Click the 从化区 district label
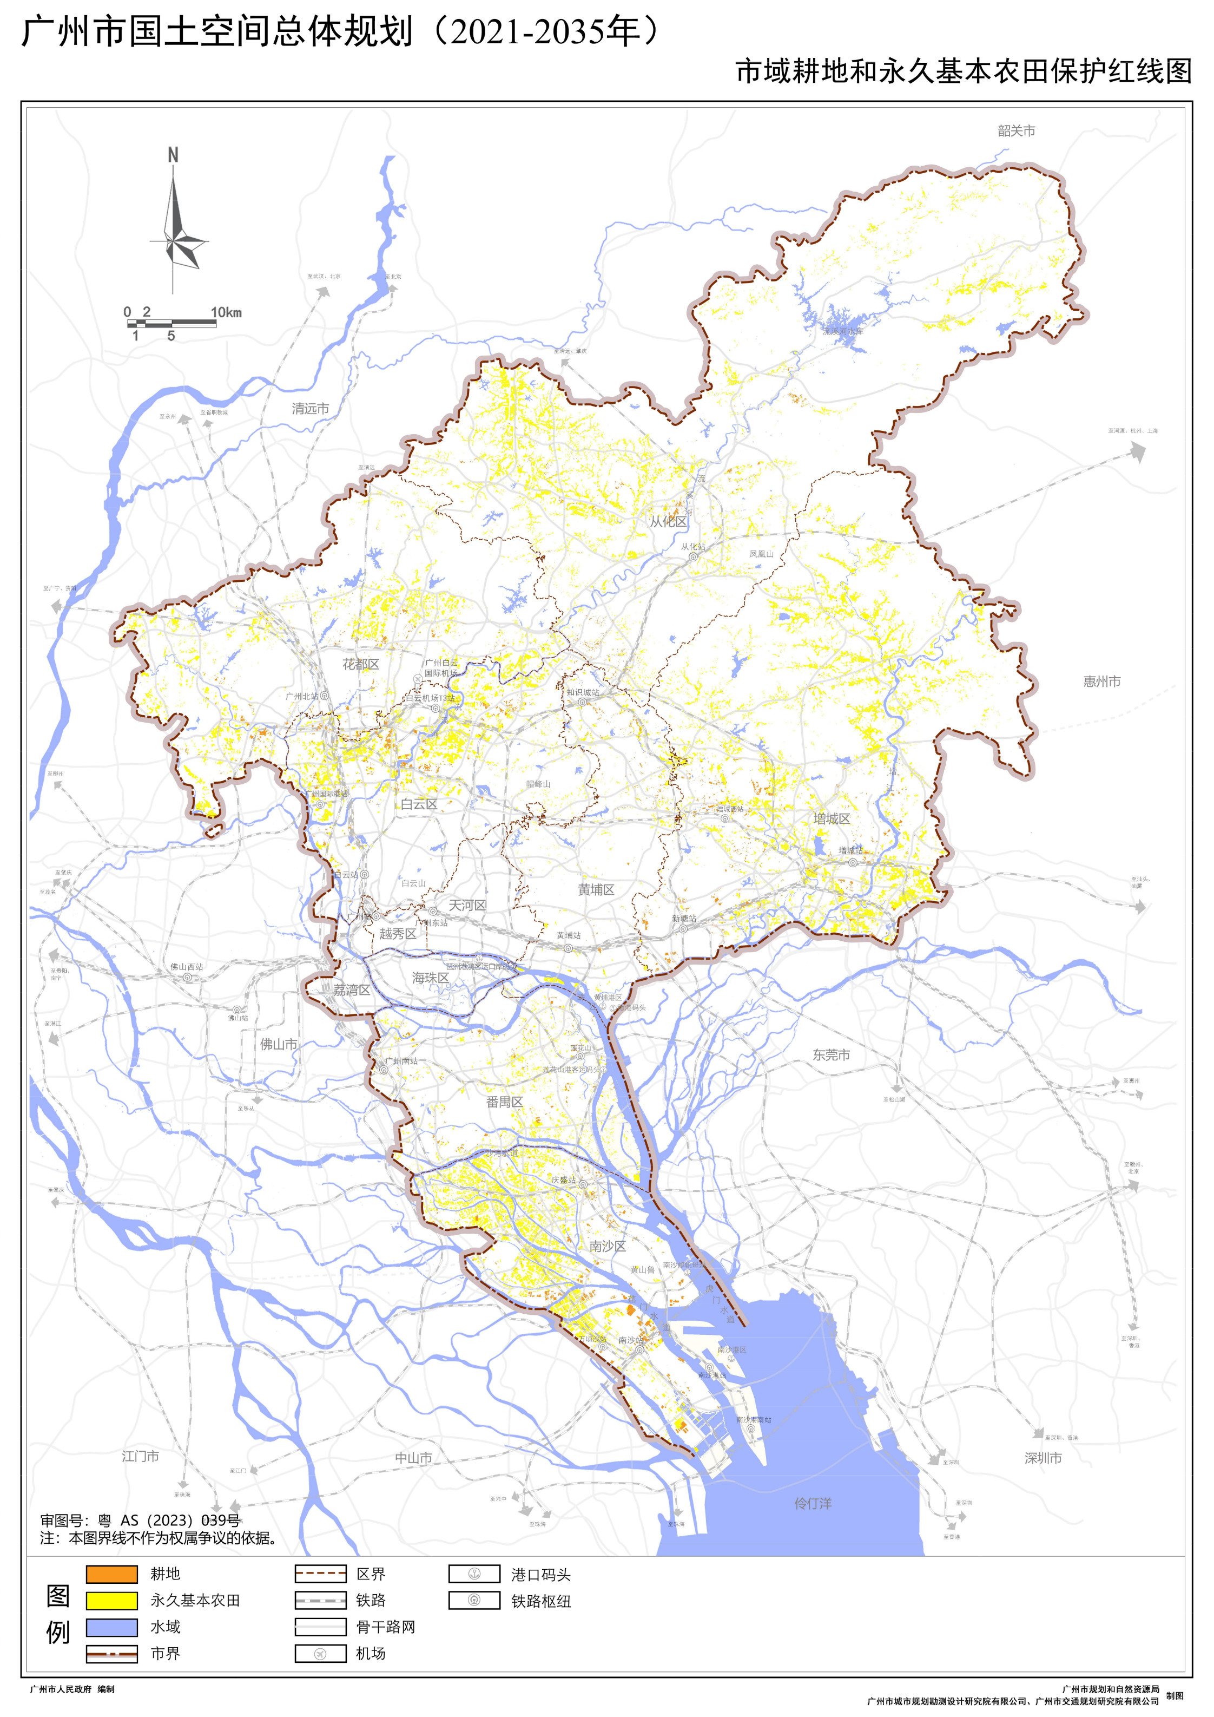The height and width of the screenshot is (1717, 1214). coord(668,521)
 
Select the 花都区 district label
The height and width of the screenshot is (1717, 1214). coord(360,664)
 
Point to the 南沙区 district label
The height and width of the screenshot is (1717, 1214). coord(607,1246)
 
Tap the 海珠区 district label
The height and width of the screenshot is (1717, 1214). coord(431,978)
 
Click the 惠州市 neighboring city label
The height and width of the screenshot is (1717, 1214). coord(1102,681)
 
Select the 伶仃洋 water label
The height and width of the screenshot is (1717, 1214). coord(813,1503)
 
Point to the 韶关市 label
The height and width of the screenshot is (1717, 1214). coord(1016,131)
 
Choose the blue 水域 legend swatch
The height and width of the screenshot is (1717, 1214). coord(111,1627)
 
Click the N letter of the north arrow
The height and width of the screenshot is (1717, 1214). coord(173,155)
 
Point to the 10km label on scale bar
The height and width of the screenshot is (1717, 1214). coord(226,312)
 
